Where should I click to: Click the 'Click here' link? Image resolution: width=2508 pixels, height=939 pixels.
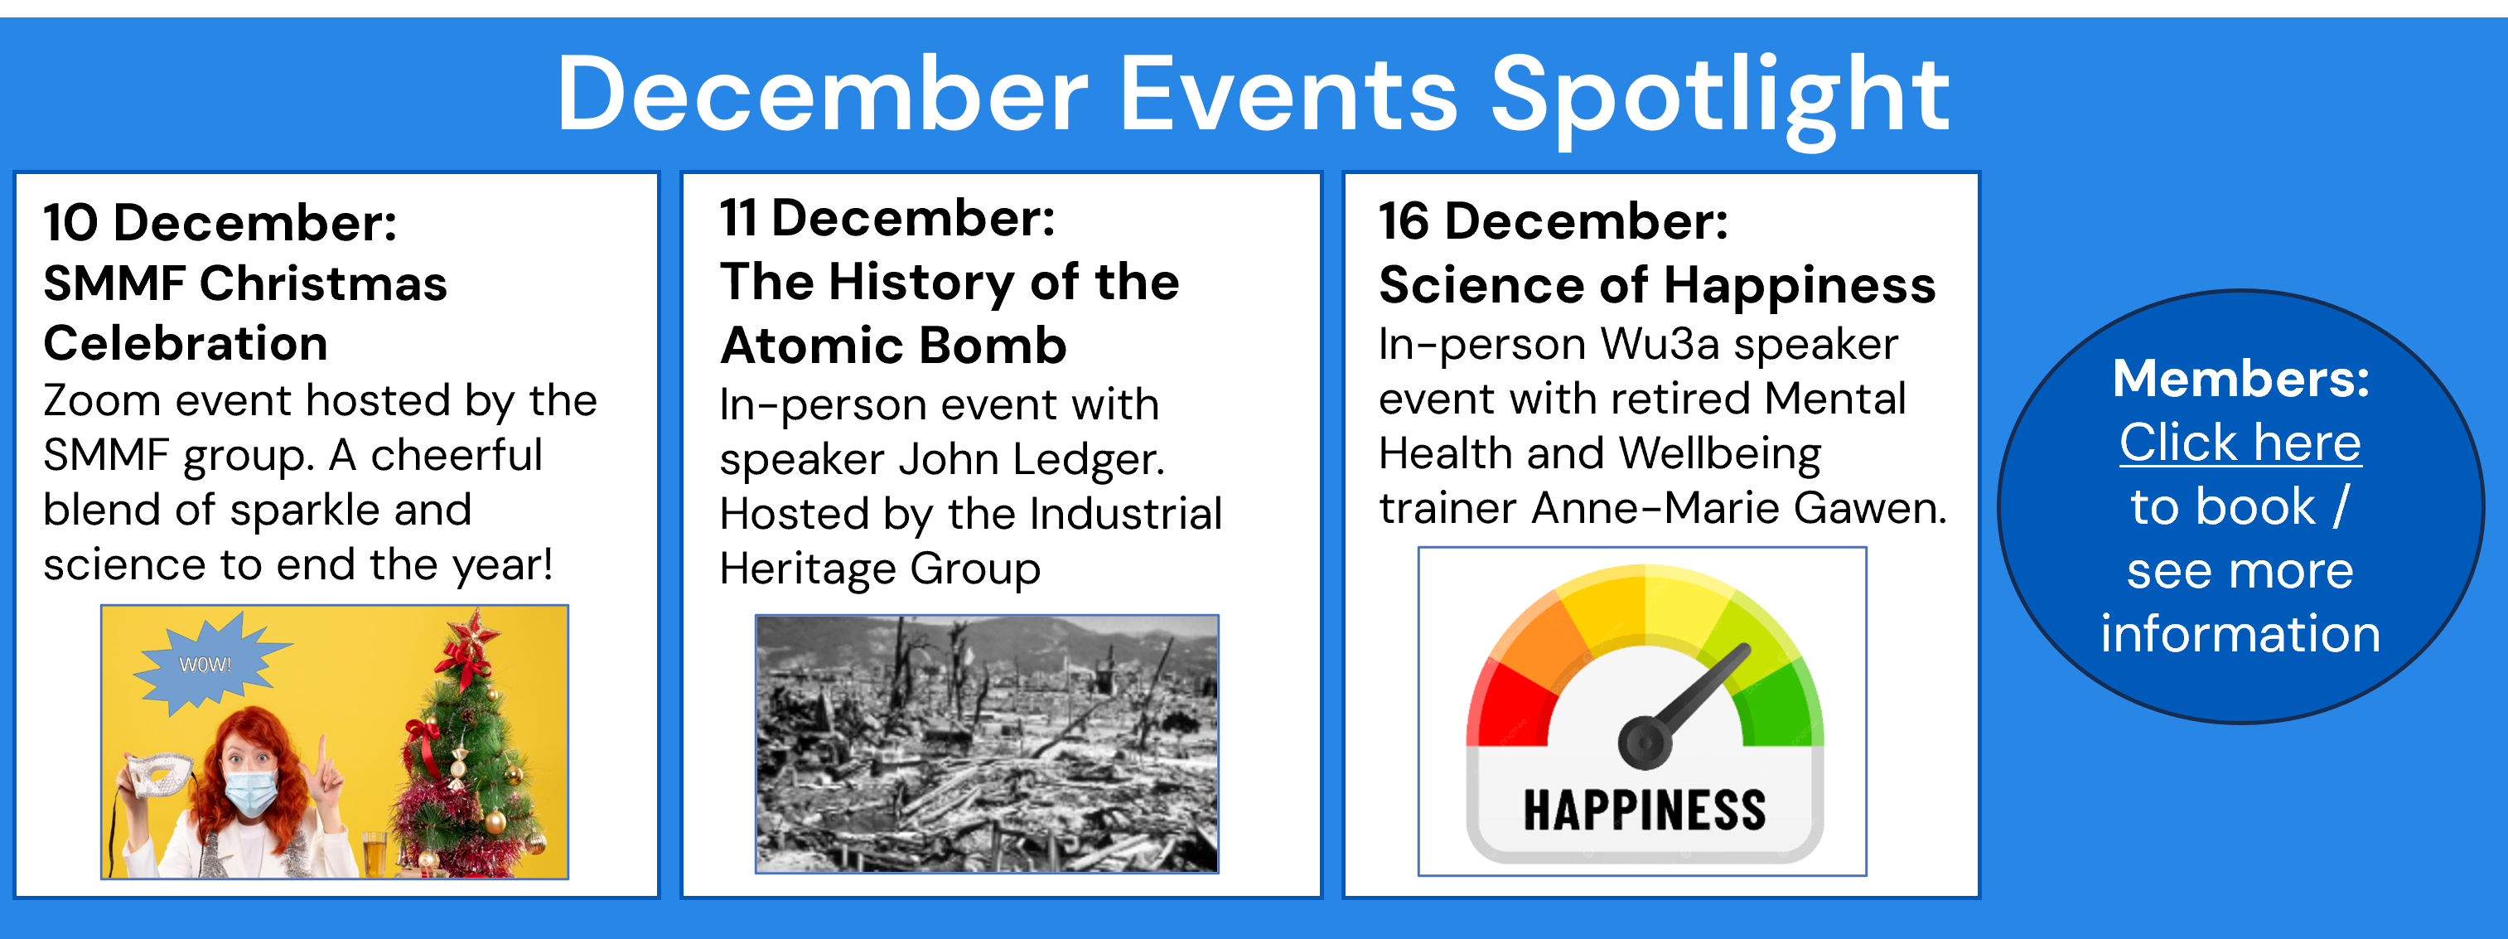tap(2240, 443)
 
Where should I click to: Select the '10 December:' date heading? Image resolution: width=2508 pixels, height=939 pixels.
tap(220, 222)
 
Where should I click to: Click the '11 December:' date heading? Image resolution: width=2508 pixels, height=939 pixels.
tap(887, 217)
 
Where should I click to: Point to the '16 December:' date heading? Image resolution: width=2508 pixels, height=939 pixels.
tap(1554, 221)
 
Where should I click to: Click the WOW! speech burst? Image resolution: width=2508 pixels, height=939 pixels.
tap(207, 663)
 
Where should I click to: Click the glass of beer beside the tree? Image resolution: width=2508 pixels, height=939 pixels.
tap(375, 854)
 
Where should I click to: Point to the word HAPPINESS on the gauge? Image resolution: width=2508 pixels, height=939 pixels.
tap(1645, 811)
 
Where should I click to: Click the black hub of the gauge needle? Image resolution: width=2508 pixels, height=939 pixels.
tap(1645, 743)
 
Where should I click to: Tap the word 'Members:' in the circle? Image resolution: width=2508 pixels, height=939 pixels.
tap(2241, 378)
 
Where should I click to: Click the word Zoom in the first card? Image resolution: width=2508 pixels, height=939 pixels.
tap(101, 400)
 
